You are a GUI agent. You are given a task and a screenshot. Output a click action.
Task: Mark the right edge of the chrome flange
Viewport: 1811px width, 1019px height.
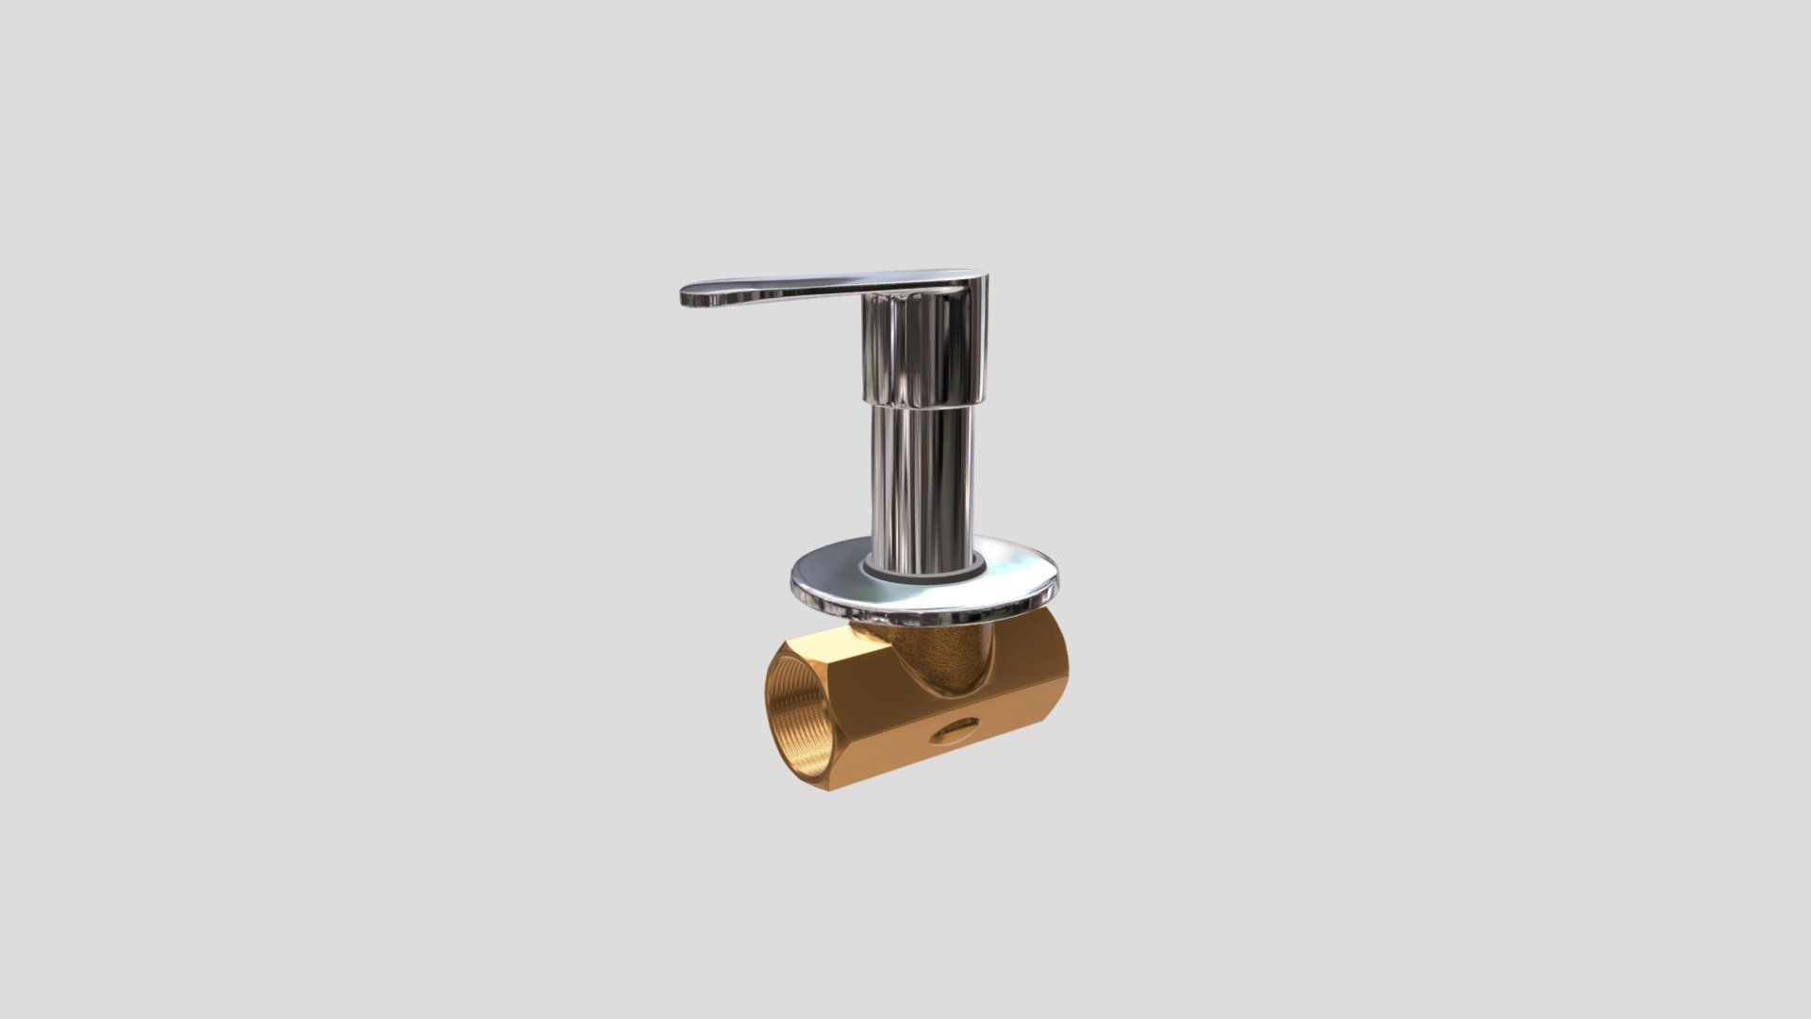tap(1054, 580)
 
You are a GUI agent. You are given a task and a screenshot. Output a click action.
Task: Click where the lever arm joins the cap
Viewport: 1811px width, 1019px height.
tap(872, 292)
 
